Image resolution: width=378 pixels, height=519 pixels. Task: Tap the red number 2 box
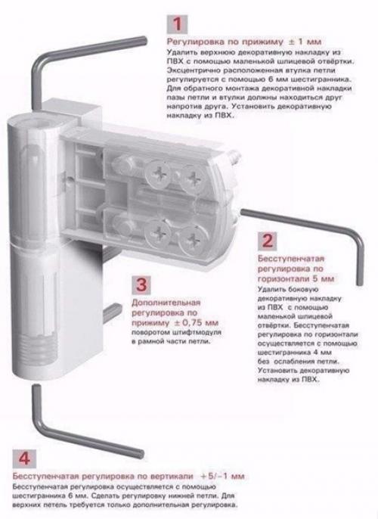coord(267,242)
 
